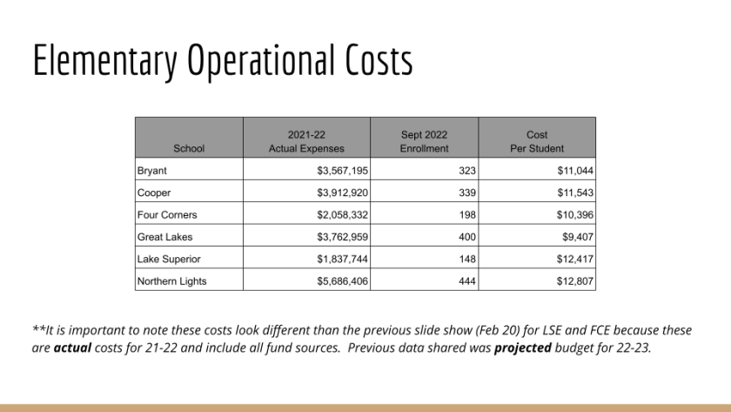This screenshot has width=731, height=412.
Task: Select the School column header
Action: [189, 148]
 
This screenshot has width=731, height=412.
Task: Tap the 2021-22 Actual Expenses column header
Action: [306, 142]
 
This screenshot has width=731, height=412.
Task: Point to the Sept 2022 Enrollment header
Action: [424, 142]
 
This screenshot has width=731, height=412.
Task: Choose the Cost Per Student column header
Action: [537, 142]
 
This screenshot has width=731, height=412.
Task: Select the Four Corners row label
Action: [167, 214]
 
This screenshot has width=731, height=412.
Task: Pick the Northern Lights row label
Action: [171, 280]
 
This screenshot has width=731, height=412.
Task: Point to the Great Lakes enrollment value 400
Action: [466, 237]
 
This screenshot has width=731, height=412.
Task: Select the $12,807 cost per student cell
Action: [574, 280]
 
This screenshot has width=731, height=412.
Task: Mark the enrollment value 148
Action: [466, 259]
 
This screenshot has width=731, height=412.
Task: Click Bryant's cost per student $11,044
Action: [574, 171]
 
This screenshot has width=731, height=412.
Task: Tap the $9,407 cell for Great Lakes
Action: [577, 237]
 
